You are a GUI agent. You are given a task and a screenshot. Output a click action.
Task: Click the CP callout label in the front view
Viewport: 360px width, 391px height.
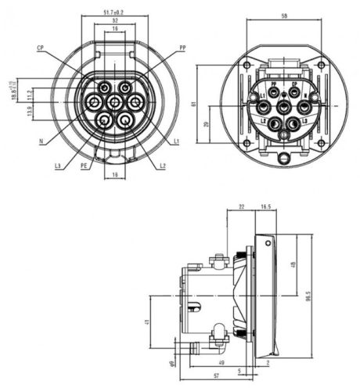click(40, 48)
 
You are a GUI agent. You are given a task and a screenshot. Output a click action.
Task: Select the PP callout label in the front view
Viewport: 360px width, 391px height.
click(182, 48)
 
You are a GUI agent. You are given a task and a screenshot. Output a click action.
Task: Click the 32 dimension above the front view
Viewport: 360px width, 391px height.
click(115, 22)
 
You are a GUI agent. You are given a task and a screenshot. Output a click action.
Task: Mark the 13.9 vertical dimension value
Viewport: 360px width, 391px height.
click(30, 113)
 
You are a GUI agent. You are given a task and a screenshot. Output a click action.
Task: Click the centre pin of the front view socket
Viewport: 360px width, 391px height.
click(115, 102)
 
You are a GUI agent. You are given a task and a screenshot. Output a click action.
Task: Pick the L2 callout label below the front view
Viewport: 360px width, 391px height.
click(162, 166)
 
